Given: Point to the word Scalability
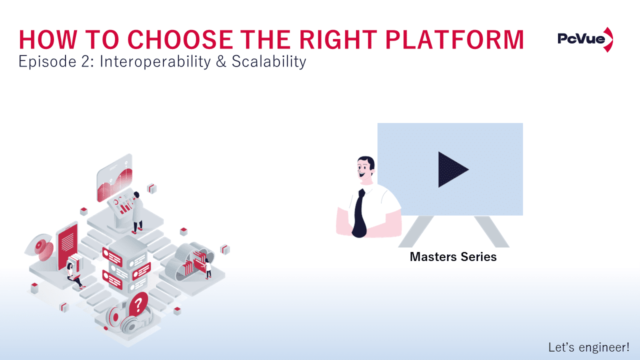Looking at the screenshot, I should point(268,62).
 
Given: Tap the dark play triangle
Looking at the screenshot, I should point(452,169).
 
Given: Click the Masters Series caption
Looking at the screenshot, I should point(453,257).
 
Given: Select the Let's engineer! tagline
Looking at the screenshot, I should point(588,347).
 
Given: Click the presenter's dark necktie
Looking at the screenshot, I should point(360,212).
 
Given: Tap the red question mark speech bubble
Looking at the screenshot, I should point(138,303).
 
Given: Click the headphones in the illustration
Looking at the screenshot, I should point(122,320).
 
